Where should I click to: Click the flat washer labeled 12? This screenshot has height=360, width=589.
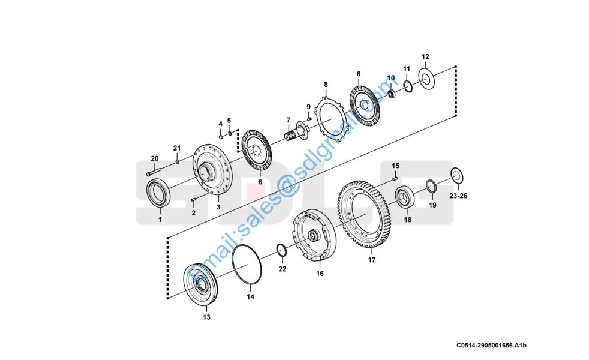click(426, 79)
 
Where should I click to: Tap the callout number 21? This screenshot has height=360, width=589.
click(176, 148)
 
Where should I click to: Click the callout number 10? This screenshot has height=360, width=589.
click(391, 78)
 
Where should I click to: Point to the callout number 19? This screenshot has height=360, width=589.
click(432, 205)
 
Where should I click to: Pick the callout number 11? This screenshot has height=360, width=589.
click(407, 68)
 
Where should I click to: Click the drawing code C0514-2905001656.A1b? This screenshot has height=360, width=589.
click(495, 346)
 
